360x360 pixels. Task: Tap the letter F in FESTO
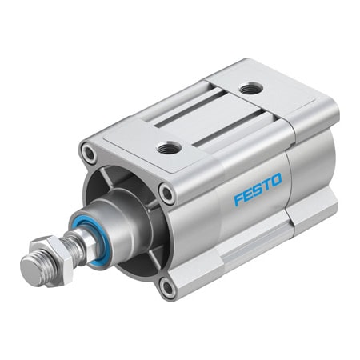(x=239, y=200)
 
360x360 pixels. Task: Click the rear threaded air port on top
(x=250, y=89)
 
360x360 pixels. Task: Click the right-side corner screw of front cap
(x=166, y=193)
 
